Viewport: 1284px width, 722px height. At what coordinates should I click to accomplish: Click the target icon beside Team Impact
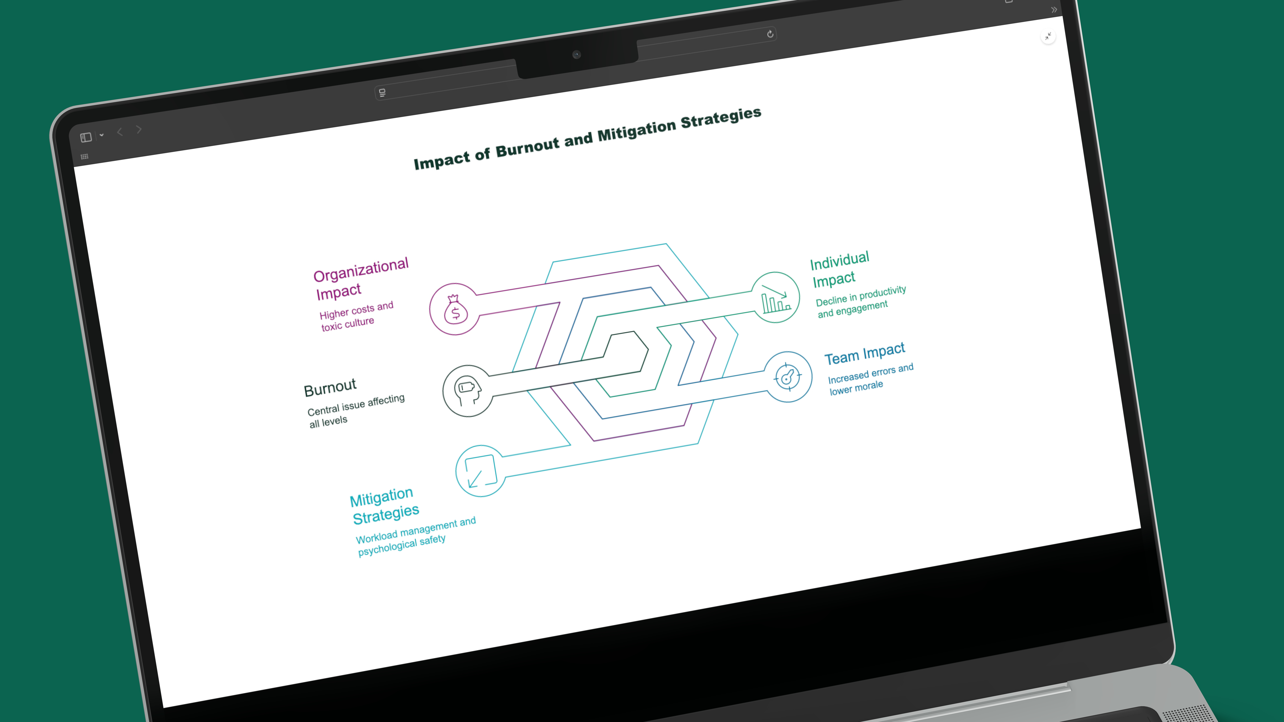(x=788, y=377)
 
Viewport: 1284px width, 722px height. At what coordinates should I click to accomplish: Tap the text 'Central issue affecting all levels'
(x=355, y=411)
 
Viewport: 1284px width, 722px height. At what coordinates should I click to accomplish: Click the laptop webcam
(x=577, y=54)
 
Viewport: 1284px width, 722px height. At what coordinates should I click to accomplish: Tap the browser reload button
(x=770, y=34)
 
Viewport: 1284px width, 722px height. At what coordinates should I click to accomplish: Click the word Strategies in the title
(x=721, y=118)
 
